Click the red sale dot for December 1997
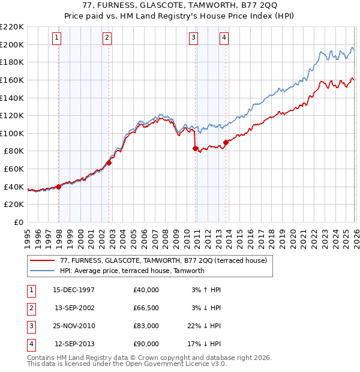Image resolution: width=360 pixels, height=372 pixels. (58, 187)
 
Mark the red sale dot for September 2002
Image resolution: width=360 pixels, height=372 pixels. (109, 163)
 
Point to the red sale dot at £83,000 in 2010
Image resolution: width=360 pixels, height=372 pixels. (195, 148)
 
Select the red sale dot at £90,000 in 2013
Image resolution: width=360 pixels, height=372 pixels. (226, 142)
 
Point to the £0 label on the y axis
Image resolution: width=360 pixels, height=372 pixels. (18, 222)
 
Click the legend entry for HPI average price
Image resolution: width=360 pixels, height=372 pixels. (133, 271)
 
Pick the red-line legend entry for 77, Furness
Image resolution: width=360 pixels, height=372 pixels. (159, 260)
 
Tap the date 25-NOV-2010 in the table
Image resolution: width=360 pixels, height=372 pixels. (74, 326)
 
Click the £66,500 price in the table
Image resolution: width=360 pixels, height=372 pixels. (146, 308)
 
